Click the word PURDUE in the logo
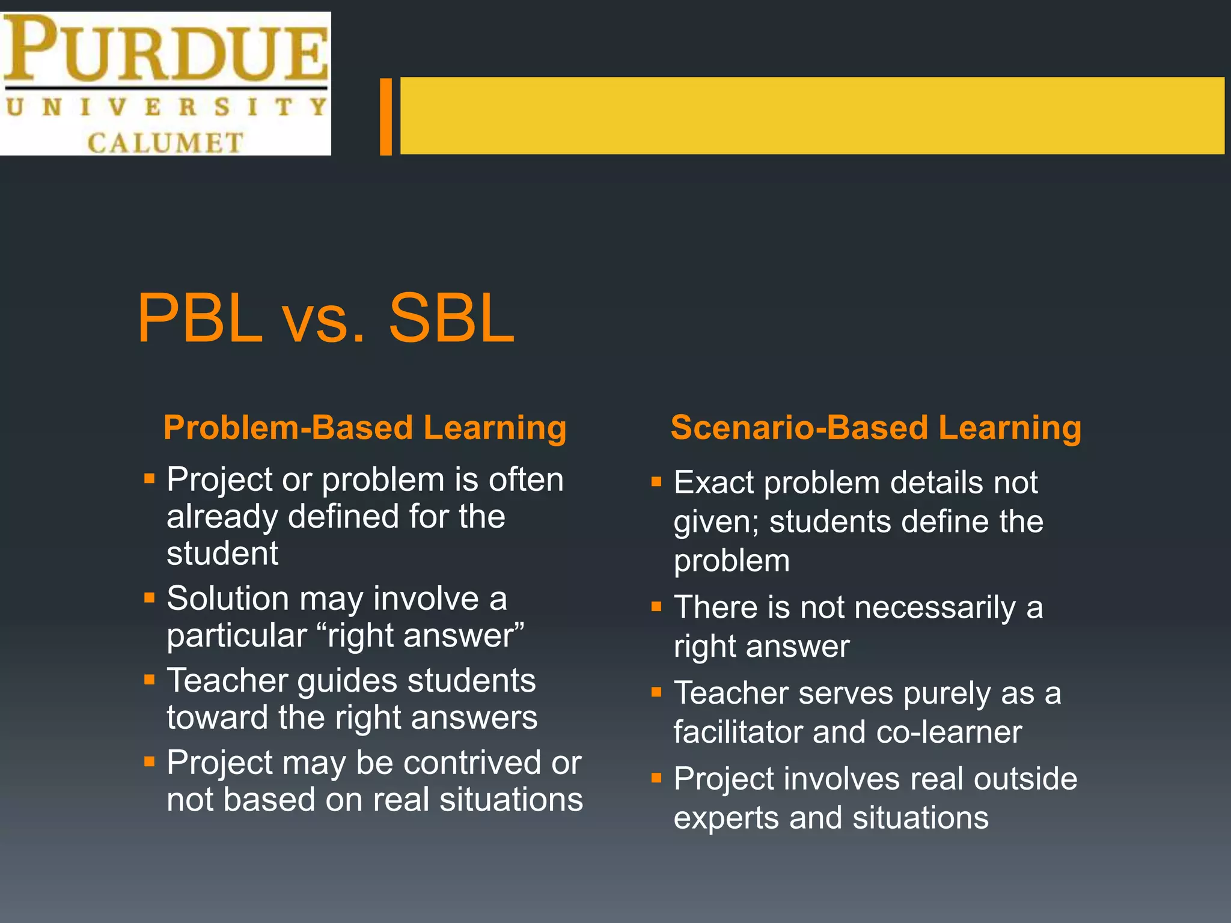(x=165, y=49)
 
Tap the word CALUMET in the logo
(x=165, y=143)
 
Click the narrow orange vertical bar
(x=386, y=116)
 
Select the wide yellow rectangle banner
(x=811, y=115)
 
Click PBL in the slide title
(x=200, y=318)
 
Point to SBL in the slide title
(x=451, y=318)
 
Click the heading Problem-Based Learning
(x=365, y=428)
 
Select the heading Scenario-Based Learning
(x=876, y=428)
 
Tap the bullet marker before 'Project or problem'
(x=150, y=480)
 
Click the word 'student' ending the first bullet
(x=222, y=553)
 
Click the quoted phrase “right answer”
(x=424, y=635)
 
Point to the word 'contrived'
(x=472, y=763)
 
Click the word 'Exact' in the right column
(x=713, y=483)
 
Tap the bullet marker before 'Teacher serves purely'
(x=656, y=693)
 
